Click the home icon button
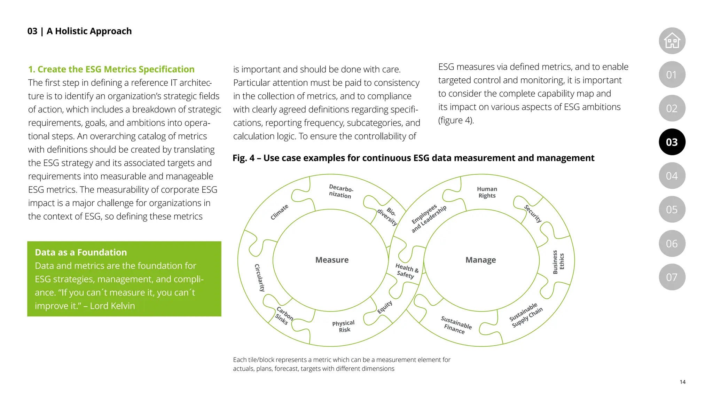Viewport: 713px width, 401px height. coord(672,41)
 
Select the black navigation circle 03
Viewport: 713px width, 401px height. coord(672,142)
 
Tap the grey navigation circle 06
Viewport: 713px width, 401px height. coord(672,243)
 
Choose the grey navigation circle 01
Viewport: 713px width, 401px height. coord(672,74)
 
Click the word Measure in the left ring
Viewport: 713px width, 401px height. coord(332,260)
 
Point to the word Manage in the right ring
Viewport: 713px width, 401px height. coord(480,260)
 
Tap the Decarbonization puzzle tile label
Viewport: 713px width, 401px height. coord(340,192)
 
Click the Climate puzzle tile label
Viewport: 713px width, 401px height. coord(280,212)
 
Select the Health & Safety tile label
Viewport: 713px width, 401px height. coord(406,271)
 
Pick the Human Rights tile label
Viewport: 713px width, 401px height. coord(487,192)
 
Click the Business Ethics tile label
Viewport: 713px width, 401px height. coord(558,262)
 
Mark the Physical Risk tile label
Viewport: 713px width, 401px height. coord(344,327)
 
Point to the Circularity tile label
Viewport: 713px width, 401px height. coord(259,277)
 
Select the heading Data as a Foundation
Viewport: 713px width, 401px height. coord(81,252)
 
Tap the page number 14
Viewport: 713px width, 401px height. coord(682,382)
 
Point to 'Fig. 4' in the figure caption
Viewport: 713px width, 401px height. coord(243,158)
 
